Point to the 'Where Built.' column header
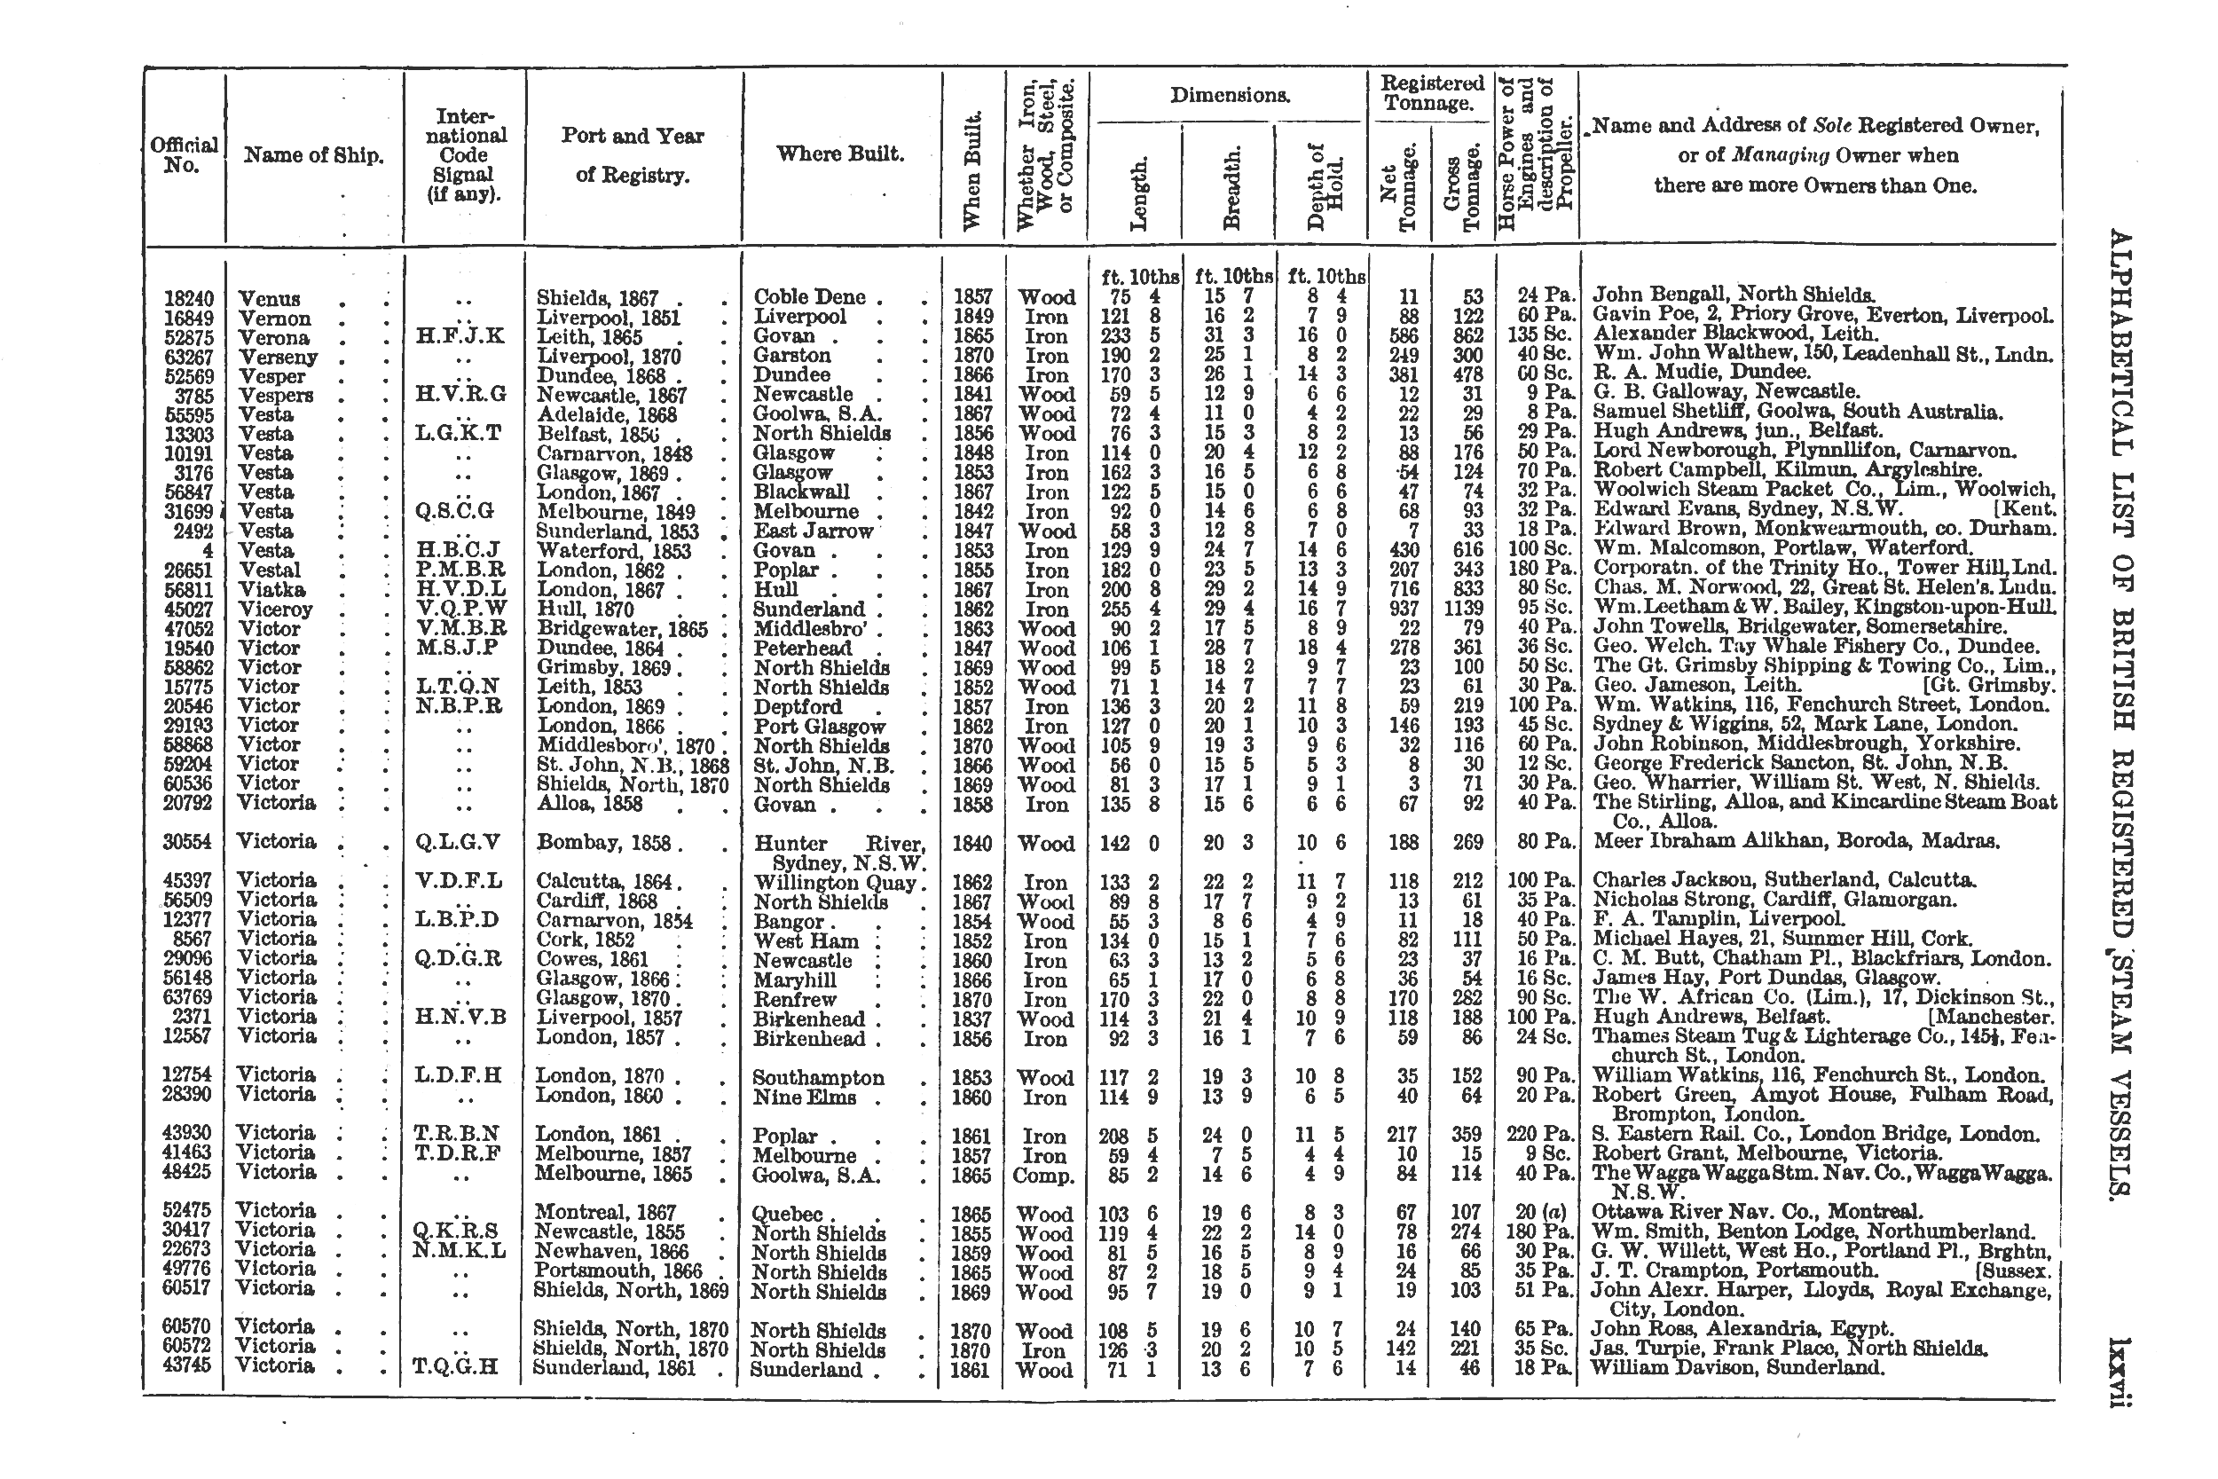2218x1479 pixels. pyautogui.click(x=839, y=153)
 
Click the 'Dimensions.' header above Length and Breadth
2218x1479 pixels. pyautogui.click(x=1230, y=95)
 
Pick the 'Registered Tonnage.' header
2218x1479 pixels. pyautogui.click(x=1432, y=93)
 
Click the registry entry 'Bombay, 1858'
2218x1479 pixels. pyautogui.click(x=602, y=842)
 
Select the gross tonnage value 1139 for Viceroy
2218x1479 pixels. pyautogui.click(x=1462, y=610)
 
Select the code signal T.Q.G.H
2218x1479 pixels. pyautogui.click(x=454, y=1366)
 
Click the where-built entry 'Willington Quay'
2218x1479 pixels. pyautogui.click(x=835, y=883)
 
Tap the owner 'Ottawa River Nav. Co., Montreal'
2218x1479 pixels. pyautogui.click(x=1757, y=1212)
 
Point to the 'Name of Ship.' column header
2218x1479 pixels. pyautogui.click(x=313, y=155)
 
